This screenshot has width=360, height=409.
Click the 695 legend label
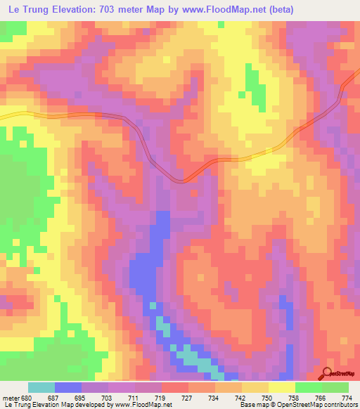(x=80, y=396)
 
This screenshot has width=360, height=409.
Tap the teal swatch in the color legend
(x=41, y=387)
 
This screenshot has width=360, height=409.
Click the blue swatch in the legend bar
(x=68, y=387)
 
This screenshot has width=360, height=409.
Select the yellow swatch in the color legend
(x=281, y=387)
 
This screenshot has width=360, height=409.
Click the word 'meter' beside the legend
(x=10, y=396)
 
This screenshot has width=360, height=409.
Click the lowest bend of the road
(x=182, y=181)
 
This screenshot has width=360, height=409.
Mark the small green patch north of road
(x=253, y=85)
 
